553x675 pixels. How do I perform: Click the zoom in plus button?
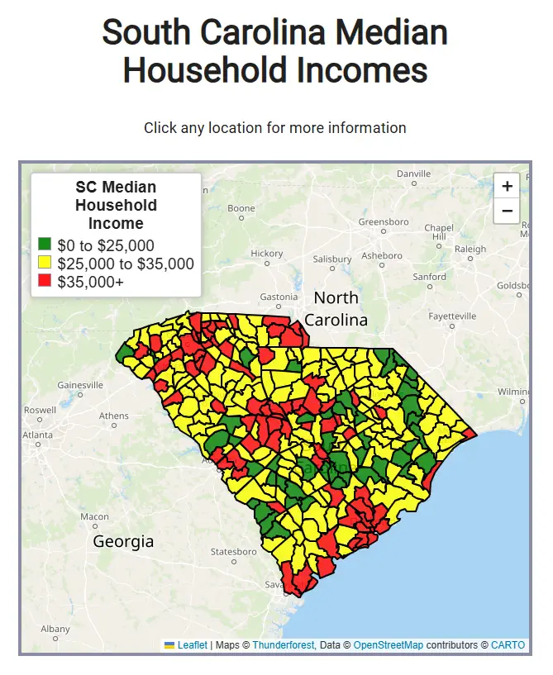tap(507, 186)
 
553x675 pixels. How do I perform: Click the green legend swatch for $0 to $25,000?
tap(45, 245)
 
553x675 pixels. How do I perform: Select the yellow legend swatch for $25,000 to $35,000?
tap(45, 264)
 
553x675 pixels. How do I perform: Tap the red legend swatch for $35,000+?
tap(45, 282)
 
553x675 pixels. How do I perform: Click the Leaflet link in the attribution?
tap(192, 645)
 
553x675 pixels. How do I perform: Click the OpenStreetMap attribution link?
tap(388, 645)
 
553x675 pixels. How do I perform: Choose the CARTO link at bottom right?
tap(508, 645)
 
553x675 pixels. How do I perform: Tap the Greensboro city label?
tap(384, 222)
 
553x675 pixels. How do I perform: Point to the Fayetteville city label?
tap(452, 316)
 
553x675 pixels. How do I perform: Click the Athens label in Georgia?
tap(114, 416)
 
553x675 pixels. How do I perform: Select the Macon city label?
tap(94, 517)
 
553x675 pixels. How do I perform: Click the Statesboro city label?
tap(234, 552)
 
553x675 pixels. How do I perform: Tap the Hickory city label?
tap(267, 254)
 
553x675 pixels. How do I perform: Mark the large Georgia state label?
tap(123, 542)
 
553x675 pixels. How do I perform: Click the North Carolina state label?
tap(336, 308)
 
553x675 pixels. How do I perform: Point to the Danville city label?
tap(414, 174)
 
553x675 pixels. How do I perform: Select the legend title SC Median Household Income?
tap(116, 206)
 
